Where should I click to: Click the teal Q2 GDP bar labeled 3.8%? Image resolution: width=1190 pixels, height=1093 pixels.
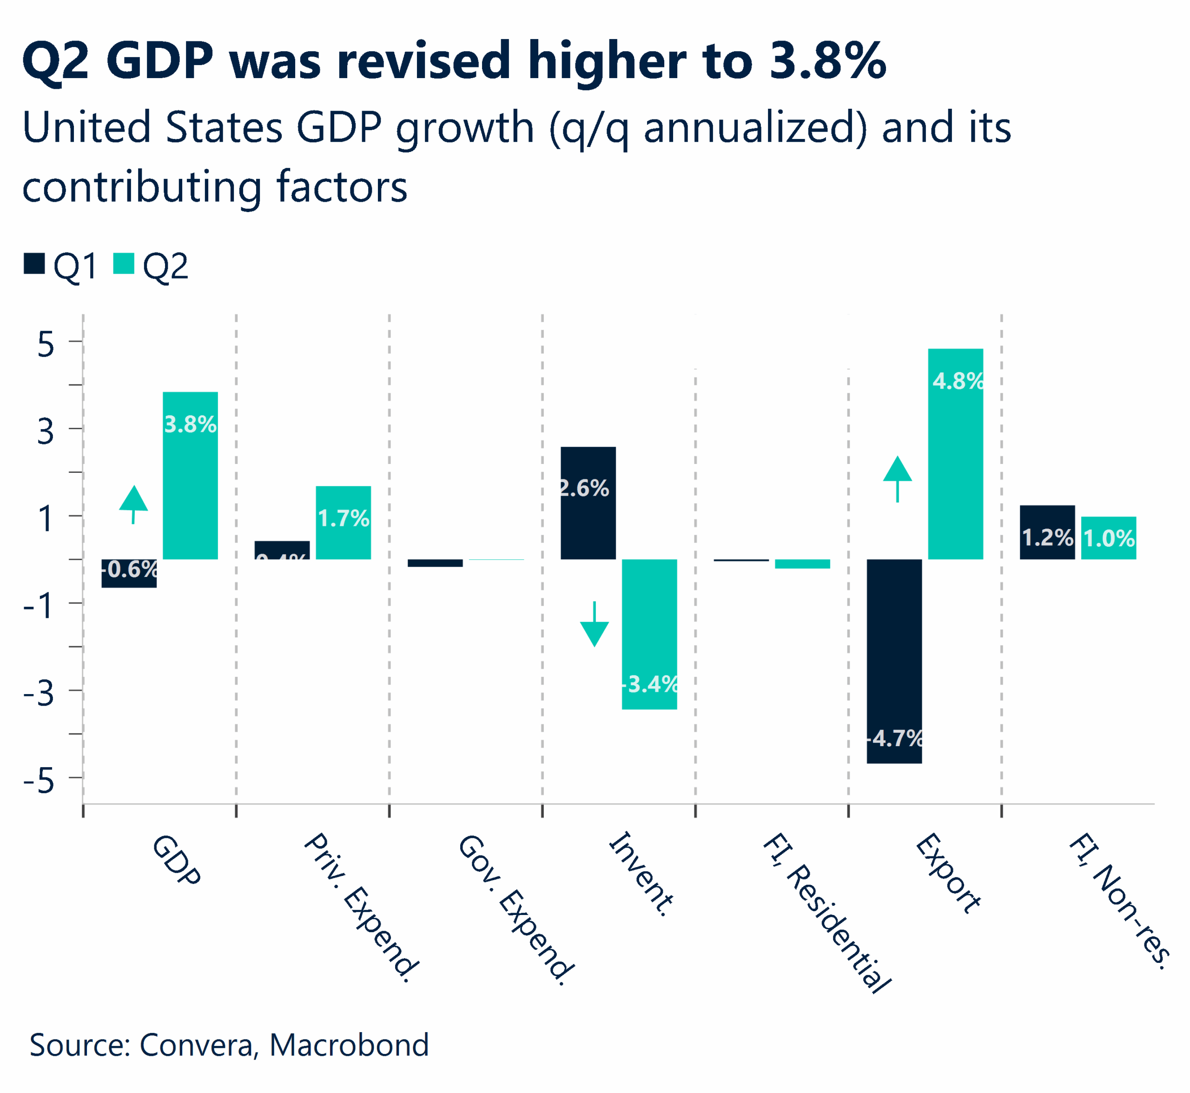click(191, 475)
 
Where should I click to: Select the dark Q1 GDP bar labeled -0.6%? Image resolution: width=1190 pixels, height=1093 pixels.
click(129, 573)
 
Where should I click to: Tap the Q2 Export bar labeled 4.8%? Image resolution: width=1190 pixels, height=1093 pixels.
click(955, 454)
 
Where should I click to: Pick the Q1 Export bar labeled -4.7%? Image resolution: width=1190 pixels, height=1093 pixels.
click(894, 661)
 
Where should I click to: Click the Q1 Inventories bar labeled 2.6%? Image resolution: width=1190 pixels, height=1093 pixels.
click(588, 503)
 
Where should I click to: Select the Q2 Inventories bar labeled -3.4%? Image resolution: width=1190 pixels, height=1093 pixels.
click(649, 634)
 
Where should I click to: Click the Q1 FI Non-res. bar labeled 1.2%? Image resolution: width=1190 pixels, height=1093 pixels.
click(1047, 532)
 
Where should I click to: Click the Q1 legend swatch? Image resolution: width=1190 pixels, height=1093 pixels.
click(34, 264)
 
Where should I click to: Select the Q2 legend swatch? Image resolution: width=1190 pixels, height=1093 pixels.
click(124, 264)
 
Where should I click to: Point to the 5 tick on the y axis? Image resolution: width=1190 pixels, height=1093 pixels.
click(46, 343)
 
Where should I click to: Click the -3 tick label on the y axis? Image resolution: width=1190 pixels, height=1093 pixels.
click(39, 692)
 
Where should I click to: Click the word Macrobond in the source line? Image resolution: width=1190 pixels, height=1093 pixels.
click(349, 1045)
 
